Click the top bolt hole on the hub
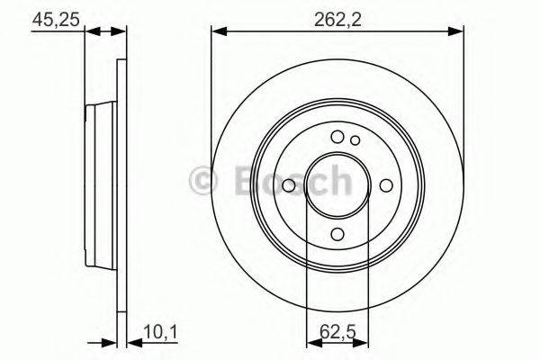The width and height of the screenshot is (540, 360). [338, 137]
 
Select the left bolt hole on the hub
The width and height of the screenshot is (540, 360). [289, 184]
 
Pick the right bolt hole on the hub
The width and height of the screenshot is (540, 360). [387, 184]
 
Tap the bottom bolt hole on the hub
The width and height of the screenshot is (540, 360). [338, 234]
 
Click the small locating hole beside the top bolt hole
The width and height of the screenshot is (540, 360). [355, 139]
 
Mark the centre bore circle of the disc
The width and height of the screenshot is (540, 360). [338, 184]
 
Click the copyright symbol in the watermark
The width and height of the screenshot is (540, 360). [202, 182]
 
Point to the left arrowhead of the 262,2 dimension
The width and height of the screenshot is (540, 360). [217, 32]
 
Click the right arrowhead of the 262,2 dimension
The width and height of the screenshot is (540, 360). [460, 32]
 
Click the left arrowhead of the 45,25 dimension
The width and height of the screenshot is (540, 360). [90, 32]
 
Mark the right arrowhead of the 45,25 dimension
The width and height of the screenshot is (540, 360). [120, 32]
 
